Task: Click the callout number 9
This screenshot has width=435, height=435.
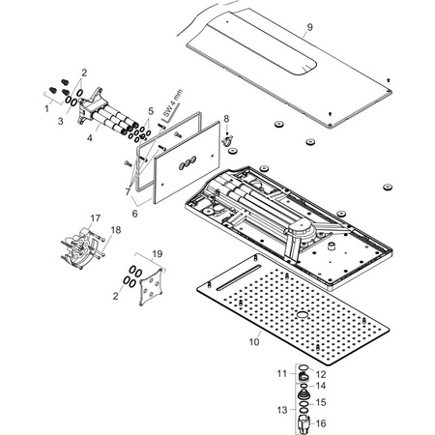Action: pos(309,27)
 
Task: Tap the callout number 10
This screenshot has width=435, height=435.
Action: pos(254,342)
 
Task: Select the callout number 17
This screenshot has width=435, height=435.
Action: pos(96,218)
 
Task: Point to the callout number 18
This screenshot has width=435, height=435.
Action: pos(116,230)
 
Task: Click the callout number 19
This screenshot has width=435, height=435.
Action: pos(158,254)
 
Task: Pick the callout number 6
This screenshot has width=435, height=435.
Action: pos(135,214)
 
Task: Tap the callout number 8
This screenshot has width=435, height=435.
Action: pos(226,119)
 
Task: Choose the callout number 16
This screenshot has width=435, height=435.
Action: pos(321,423)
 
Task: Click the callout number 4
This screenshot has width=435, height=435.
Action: pos(90,138)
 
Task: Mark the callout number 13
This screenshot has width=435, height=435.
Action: pos(282,410)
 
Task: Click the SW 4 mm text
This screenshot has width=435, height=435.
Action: pos(173,103)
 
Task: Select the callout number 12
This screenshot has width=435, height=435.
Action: pos(321,374)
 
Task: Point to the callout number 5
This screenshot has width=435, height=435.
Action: pos(151,111)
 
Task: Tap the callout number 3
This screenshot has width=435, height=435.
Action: pos(61,122)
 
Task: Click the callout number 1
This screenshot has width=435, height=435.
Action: pos(47,109)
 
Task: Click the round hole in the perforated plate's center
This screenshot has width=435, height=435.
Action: pos(303,314)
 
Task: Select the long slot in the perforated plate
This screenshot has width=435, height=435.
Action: pos(238,277)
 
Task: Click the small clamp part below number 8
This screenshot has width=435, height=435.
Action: pos(227,139)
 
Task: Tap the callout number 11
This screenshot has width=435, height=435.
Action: pos(282,373)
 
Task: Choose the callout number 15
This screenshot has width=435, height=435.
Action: pos(321,402)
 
